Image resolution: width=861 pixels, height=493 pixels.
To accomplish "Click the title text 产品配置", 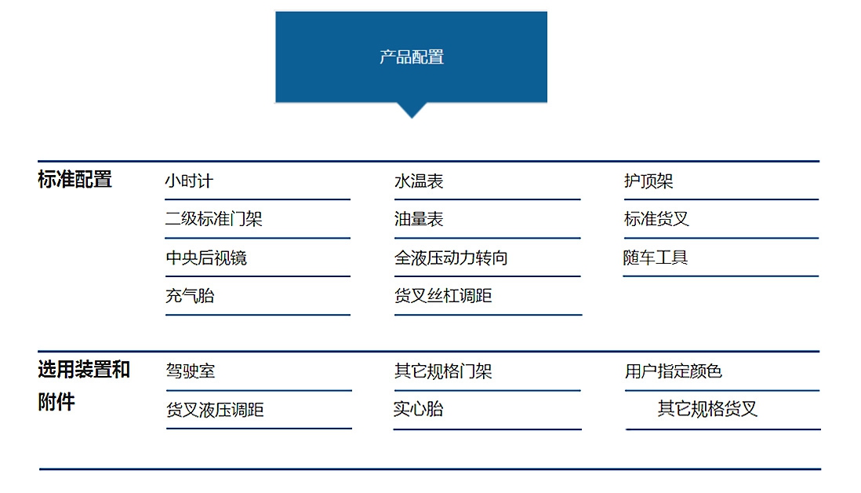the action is (x=411, y=57).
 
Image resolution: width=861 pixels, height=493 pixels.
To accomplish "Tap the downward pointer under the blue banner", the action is (x=411, y=110).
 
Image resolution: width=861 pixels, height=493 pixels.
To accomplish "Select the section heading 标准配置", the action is (x=74, y=180).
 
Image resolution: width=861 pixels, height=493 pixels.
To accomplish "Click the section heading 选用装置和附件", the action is (x=83, y=385).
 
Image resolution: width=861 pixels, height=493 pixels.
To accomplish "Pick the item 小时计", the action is (x=189, y=181).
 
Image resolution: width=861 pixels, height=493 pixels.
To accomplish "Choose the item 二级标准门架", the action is (x=213, y=219).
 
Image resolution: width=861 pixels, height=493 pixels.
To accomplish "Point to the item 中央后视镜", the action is (x=206, y=257).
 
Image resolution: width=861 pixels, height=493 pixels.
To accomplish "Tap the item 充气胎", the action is (x=190, y=296).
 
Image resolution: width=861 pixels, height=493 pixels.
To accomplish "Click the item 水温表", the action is (x=419, y=181).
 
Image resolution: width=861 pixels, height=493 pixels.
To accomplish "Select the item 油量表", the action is (x=419, y=219).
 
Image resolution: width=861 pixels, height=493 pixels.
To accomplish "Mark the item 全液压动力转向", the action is (x=451, y=257).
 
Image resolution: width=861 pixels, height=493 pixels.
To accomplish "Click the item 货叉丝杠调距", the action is (x=442, y=296).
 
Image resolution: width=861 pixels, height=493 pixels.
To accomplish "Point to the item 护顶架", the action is (x=648, y=181).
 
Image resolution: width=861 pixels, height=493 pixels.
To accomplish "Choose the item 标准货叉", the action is (x=656, y=219).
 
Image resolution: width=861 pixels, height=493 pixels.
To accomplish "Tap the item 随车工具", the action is (x=655, y=257).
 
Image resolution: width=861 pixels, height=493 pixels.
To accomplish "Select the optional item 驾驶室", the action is (x=191, y=371).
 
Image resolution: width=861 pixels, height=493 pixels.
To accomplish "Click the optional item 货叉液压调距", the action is (x=215, y=410).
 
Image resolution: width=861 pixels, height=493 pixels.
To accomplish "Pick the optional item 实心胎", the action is (x=418, y=409).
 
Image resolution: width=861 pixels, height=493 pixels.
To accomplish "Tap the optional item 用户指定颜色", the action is (x=674, y=371).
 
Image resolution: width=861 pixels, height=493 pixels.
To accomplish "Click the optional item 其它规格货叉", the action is (x=707, y=409).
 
